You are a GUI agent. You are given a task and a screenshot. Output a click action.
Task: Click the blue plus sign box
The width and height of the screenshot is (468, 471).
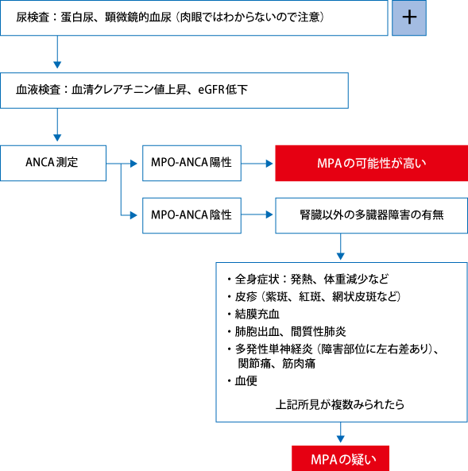click(409, 18)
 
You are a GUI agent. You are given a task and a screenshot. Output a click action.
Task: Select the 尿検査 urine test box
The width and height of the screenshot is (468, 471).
click(194, 18)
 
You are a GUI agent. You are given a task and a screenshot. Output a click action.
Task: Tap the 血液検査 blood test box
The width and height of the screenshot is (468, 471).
click(174, 91)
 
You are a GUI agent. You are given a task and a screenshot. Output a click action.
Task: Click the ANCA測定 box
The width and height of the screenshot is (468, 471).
click(53, 163)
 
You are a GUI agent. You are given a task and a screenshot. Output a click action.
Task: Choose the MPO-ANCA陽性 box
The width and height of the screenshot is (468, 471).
click(191, 163)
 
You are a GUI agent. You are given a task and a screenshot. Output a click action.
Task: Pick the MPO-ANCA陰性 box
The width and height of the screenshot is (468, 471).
click(191, 215)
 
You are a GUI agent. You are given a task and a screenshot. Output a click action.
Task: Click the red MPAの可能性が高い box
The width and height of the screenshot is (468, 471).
click(372, 163)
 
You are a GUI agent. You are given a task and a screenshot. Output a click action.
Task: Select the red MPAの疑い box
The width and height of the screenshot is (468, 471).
click(341, 458)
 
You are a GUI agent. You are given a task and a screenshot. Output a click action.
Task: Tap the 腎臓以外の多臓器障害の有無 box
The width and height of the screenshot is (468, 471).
click(372, 215)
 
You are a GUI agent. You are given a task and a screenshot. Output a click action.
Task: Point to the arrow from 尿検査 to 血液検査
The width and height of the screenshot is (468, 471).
click(57, 52)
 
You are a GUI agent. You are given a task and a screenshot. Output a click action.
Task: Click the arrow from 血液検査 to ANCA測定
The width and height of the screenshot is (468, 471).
click(57, 125)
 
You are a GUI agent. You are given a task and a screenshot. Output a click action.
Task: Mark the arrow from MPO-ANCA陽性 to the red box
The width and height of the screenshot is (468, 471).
click(257, 164)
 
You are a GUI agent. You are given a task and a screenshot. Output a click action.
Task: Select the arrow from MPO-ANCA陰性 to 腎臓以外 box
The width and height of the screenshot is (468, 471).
click(257, 214)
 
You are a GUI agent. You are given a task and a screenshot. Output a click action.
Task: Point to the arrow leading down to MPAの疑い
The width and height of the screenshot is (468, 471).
click(341, 432)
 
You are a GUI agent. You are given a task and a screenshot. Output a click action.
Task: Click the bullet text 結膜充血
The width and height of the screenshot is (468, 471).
click(257, 315)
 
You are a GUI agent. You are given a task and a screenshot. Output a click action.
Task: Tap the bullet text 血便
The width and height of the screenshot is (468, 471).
click(246, 381)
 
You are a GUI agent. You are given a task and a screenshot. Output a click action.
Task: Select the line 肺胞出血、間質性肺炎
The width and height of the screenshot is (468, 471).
click(290, 332)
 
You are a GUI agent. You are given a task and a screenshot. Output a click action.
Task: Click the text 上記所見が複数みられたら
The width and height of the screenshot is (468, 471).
click(340, 404)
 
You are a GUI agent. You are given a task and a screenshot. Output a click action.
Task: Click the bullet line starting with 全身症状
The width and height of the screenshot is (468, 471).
click(311, 280)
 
